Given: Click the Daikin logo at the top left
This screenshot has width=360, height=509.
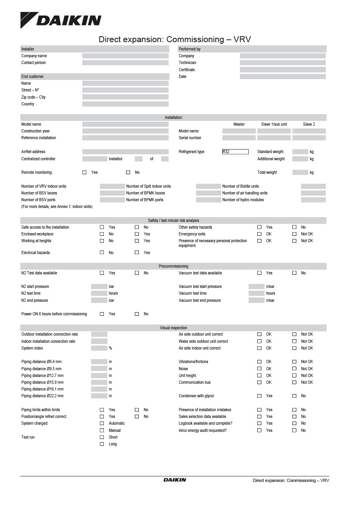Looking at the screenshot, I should pos(61,20).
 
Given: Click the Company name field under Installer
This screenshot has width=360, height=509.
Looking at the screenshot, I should pos(125,56).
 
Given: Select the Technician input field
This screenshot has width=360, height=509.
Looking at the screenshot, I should pos(282,63).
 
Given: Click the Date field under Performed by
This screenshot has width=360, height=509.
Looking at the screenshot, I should pos(282,76).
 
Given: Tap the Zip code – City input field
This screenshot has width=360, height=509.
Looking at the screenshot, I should pos(125,97).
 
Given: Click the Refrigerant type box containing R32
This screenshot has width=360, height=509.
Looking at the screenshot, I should pos(235,152).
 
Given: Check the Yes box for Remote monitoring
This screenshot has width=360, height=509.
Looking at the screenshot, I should pos(84,173).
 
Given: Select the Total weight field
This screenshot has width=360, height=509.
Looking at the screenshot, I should pos(300,173).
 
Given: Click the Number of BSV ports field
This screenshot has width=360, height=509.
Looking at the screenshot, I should pos(112,200).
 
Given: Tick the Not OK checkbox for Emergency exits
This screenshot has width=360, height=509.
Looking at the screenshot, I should pos(294,234).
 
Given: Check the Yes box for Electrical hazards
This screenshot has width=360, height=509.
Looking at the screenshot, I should pos(137,253).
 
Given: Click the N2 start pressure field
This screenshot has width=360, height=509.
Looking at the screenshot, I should pos(99,287).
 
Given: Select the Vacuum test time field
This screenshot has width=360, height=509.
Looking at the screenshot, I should pos(256,293).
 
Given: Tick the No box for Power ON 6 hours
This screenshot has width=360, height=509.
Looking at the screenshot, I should pos(137,314).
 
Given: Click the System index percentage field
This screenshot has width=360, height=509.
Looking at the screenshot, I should pos(99,348).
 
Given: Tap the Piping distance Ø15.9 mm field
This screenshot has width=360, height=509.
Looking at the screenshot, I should pos(99,383).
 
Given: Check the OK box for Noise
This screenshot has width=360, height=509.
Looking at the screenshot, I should pos(259,369).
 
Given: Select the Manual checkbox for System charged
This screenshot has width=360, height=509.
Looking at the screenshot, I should pos(102,430).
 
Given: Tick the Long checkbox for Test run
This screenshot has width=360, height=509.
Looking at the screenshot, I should pos(102,444).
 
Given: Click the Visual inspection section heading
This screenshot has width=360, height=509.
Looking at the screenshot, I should pos(173,328).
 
